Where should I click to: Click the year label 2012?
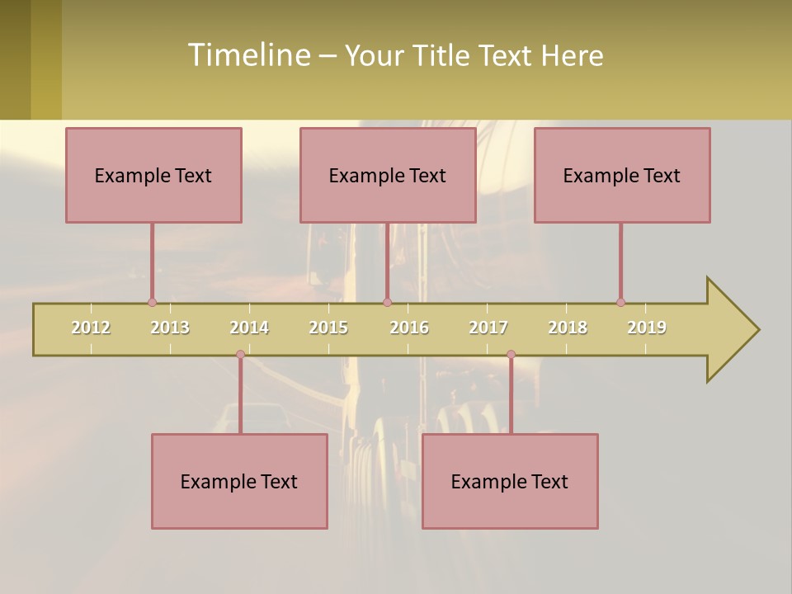pos(91,328)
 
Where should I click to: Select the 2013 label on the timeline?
pos(170,328)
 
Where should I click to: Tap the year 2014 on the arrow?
pos(249,328)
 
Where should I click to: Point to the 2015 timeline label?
pos(328,328)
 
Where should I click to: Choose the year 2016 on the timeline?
pos(409,328)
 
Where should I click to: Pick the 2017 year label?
pos(488,328)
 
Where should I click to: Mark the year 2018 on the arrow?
pos(568,328)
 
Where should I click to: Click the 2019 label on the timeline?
pos(647,328)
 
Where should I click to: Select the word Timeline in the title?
pos(247,55)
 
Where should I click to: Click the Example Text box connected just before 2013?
pos(153,175)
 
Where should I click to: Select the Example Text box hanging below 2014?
pos(239,481)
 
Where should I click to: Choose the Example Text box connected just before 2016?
pos(388,175)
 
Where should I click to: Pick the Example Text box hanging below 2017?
pos(510,481)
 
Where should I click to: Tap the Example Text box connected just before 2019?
pos(622,175)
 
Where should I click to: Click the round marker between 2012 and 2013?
pos(152,302)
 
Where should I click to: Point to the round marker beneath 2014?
pos(240,355)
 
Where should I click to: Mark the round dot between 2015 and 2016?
pos(387,302)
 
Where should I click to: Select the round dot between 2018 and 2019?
pos(620,302)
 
